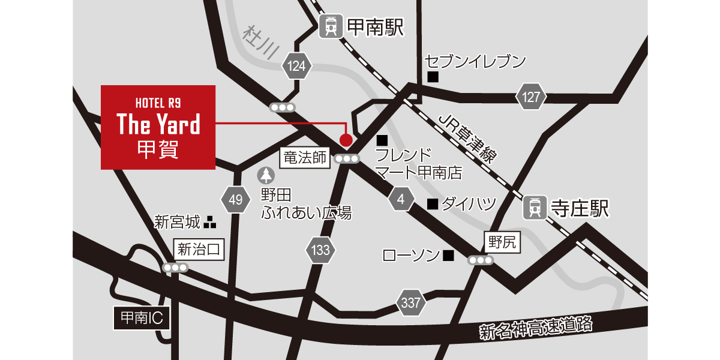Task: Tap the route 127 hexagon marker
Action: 531,97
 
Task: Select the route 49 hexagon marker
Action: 235,200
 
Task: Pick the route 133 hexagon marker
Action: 321,250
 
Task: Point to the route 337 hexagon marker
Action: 411,303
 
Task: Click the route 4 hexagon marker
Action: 401,199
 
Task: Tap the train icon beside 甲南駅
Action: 330,27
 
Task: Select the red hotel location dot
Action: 346,140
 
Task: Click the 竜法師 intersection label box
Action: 305,158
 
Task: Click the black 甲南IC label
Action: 142,318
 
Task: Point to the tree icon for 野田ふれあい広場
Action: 266,175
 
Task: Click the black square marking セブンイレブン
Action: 433,77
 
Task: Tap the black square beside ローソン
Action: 448,256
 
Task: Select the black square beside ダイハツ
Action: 431,204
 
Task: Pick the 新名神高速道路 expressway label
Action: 536,328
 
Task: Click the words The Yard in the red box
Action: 158,124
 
